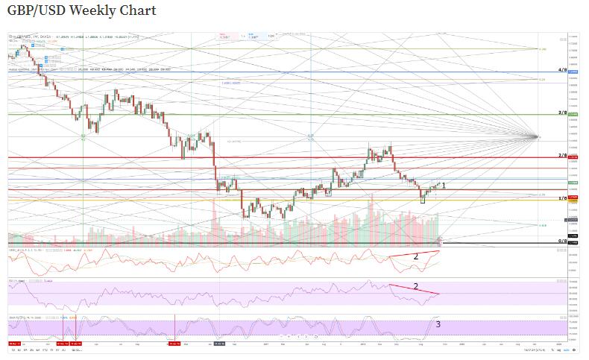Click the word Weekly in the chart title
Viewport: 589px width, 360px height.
pyautogui.click(x=94, y=10)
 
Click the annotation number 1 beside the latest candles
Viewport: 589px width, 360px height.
pyautogui.click(x=444, y=184)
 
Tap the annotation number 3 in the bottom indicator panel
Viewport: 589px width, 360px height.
pyautogui.click(x=438, y=324)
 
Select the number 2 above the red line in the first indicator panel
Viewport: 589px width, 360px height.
pyautogui.click(x=415, y=256)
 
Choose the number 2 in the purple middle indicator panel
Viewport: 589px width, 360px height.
pyautogui.click(x=415, y=285)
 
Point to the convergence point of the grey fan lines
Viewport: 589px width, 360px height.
pyautogui.click(x=538, y=136)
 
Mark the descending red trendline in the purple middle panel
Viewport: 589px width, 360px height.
pyautogui.click(x=415, y=290)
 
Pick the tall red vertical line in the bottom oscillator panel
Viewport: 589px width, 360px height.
pyautogui.click(x=174, y=328)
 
